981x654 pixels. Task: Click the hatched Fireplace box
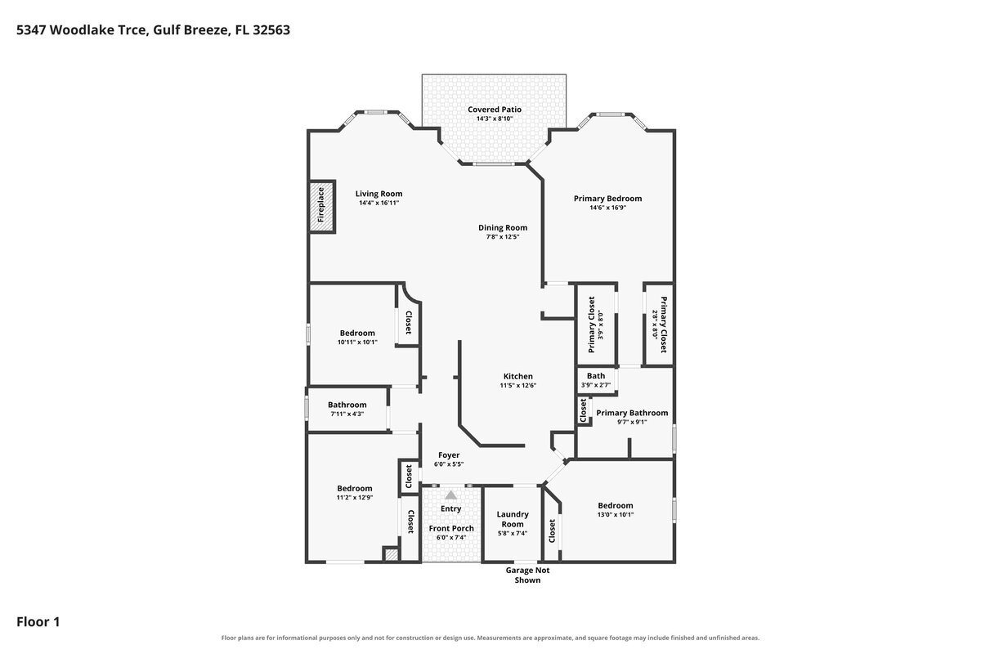click(x=322, y=206)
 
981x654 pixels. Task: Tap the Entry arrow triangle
click(x=451, y=495)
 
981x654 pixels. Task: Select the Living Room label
click(x=379, y=194)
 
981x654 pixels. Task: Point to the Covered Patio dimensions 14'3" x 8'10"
click(x=495, y=119)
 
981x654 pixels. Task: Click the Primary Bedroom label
click(x=608, y=199)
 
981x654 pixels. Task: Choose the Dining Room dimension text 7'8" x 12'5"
click(x=503, y=237)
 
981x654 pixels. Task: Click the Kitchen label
click(x=518, y=376)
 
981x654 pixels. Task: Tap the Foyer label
click(x=449, y=455)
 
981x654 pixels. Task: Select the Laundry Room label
click(x=513, y=519)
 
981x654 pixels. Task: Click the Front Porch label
click(x=451, y=528)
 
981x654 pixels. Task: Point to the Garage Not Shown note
click(x=528, y=576)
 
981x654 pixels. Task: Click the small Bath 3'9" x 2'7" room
click(x=596, y=380)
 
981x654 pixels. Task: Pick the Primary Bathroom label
click(x=632, y=413)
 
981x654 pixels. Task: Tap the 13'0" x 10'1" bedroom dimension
click(x=616, y=515)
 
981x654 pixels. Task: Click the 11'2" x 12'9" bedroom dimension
click(x=355, y=498)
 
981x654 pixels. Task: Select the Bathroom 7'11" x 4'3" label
click(x=347, y=405)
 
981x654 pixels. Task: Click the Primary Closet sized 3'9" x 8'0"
click(x=596, y=325)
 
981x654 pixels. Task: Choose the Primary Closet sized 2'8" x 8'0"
click(x=659, y=325)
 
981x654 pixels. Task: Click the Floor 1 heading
click(x=38, y=621)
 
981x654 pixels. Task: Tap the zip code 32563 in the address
click(x=271, y=29)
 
